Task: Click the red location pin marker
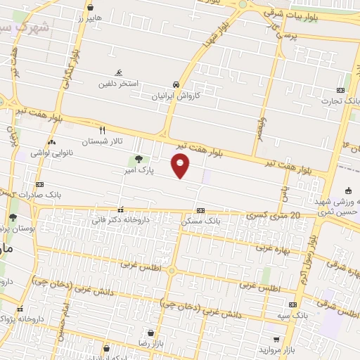point(181,166)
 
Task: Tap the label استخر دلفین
point(118,83)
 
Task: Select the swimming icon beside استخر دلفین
point(119,72)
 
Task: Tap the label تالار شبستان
point(102,141)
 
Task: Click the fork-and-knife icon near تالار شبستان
point(103,130)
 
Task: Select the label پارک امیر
point(138,170)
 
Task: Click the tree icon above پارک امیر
point(139,159)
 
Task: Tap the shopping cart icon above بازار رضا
point(150,333)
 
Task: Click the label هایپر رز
point(89,17)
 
